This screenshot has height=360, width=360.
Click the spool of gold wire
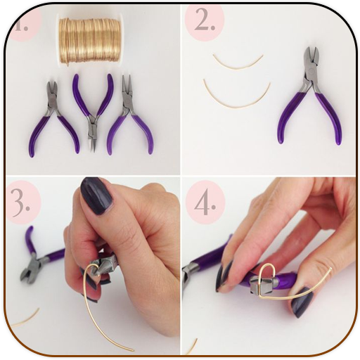90,41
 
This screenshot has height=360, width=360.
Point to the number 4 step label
205,202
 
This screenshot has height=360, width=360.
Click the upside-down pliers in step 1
94,110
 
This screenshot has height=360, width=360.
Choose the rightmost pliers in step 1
130,114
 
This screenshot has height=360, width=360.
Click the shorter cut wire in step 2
238,63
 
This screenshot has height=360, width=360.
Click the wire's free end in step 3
133,350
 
